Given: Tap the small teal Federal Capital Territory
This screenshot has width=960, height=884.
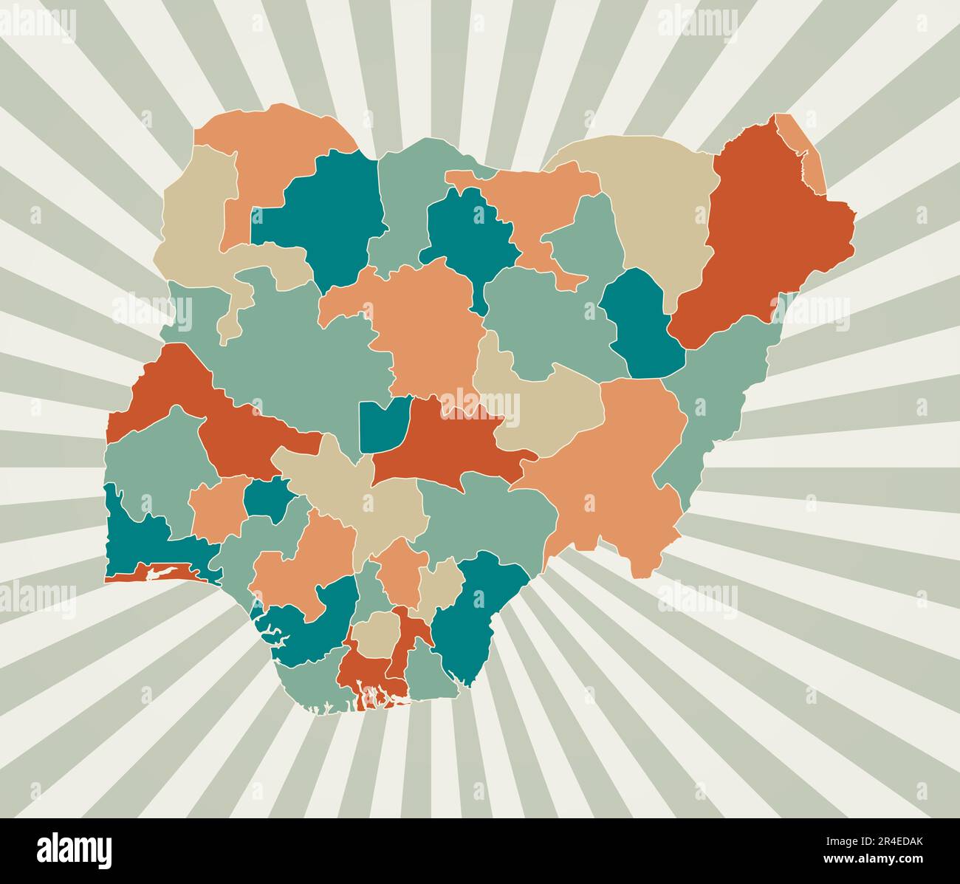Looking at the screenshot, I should point(381,425).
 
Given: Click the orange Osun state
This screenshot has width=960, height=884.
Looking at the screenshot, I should point(218,510).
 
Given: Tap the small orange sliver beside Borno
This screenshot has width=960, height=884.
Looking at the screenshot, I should point(801,148).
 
